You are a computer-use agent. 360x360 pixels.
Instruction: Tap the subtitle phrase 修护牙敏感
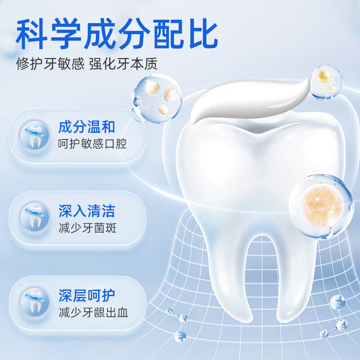50,63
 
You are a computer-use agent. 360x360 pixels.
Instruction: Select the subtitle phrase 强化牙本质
123,63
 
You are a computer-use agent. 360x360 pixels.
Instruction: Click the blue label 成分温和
86,127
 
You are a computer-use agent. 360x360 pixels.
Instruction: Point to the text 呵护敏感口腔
92,144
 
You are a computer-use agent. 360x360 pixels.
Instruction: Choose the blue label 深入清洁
86,211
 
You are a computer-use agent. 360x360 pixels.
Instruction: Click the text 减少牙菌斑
87,228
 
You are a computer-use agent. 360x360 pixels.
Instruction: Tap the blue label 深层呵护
86,296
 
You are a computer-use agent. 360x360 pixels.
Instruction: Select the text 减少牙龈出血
93,312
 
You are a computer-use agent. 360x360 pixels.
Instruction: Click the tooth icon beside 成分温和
35,135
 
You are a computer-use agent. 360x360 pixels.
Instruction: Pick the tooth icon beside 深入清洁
35,217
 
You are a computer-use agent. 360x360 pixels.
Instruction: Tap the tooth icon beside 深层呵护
35,301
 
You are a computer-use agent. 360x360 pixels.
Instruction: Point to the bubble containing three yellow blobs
157,98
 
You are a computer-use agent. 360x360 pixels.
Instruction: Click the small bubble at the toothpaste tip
327,82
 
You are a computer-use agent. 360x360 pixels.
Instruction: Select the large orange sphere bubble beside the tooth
321,206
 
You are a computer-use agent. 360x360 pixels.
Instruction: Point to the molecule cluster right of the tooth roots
335,317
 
